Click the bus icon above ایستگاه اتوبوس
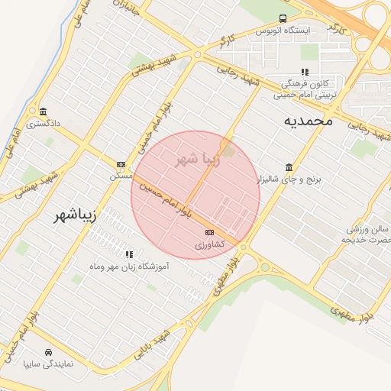[283, 18]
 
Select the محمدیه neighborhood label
[309, 120]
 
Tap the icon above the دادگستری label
[43, 111]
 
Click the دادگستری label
[43, 123]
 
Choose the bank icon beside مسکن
[121, 164]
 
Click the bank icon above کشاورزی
[209, 233]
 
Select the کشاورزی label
[209, 245]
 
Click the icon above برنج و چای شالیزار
[289, 167]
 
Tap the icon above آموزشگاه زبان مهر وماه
[128, 254]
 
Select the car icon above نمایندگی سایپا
[48, 352]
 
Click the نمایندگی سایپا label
[48, 364]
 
